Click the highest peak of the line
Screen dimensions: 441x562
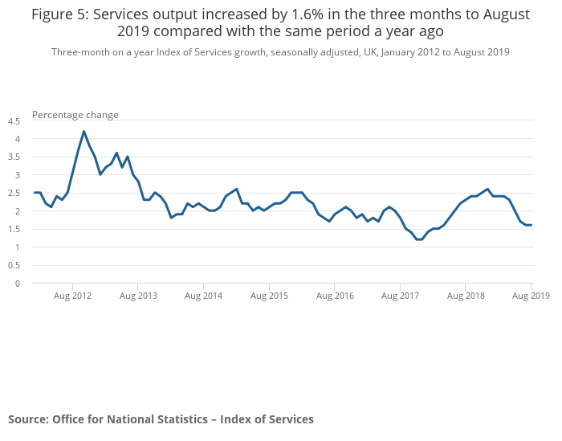(x=83, y=132)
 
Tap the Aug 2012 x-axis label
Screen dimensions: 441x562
(x=72, y=296)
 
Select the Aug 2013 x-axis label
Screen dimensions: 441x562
(x=138, y=296)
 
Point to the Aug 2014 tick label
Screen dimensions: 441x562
(x=203, y=296)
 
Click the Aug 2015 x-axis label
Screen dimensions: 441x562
(x=269, y=296)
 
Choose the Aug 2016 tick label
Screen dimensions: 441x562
(x=334, y=296)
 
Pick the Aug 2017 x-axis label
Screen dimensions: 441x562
(x=400, y=296)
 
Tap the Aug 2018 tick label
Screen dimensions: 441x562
(x=466, y=296)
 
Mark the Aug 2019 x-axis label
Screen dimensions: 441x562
(x=531, y=296)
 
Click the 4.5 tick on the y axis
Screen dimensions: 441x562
(x=14, y=121)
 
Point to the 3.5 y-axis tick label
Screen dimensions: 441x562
(x=14, y=157)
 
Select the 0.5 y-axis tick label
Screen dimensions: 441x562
(x=14, y=266)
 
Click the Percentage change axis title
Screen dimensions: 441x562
(x=75, y=115)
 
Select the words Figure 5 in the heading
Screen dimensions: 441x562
(x=61, y=15)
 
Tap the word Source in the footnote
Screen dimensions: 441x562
(x=26, y=419)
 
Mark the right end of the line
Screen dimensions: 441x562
(x=531, y=225)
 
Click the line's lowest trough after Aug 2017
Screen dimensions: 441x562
(x=419, y=239)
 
